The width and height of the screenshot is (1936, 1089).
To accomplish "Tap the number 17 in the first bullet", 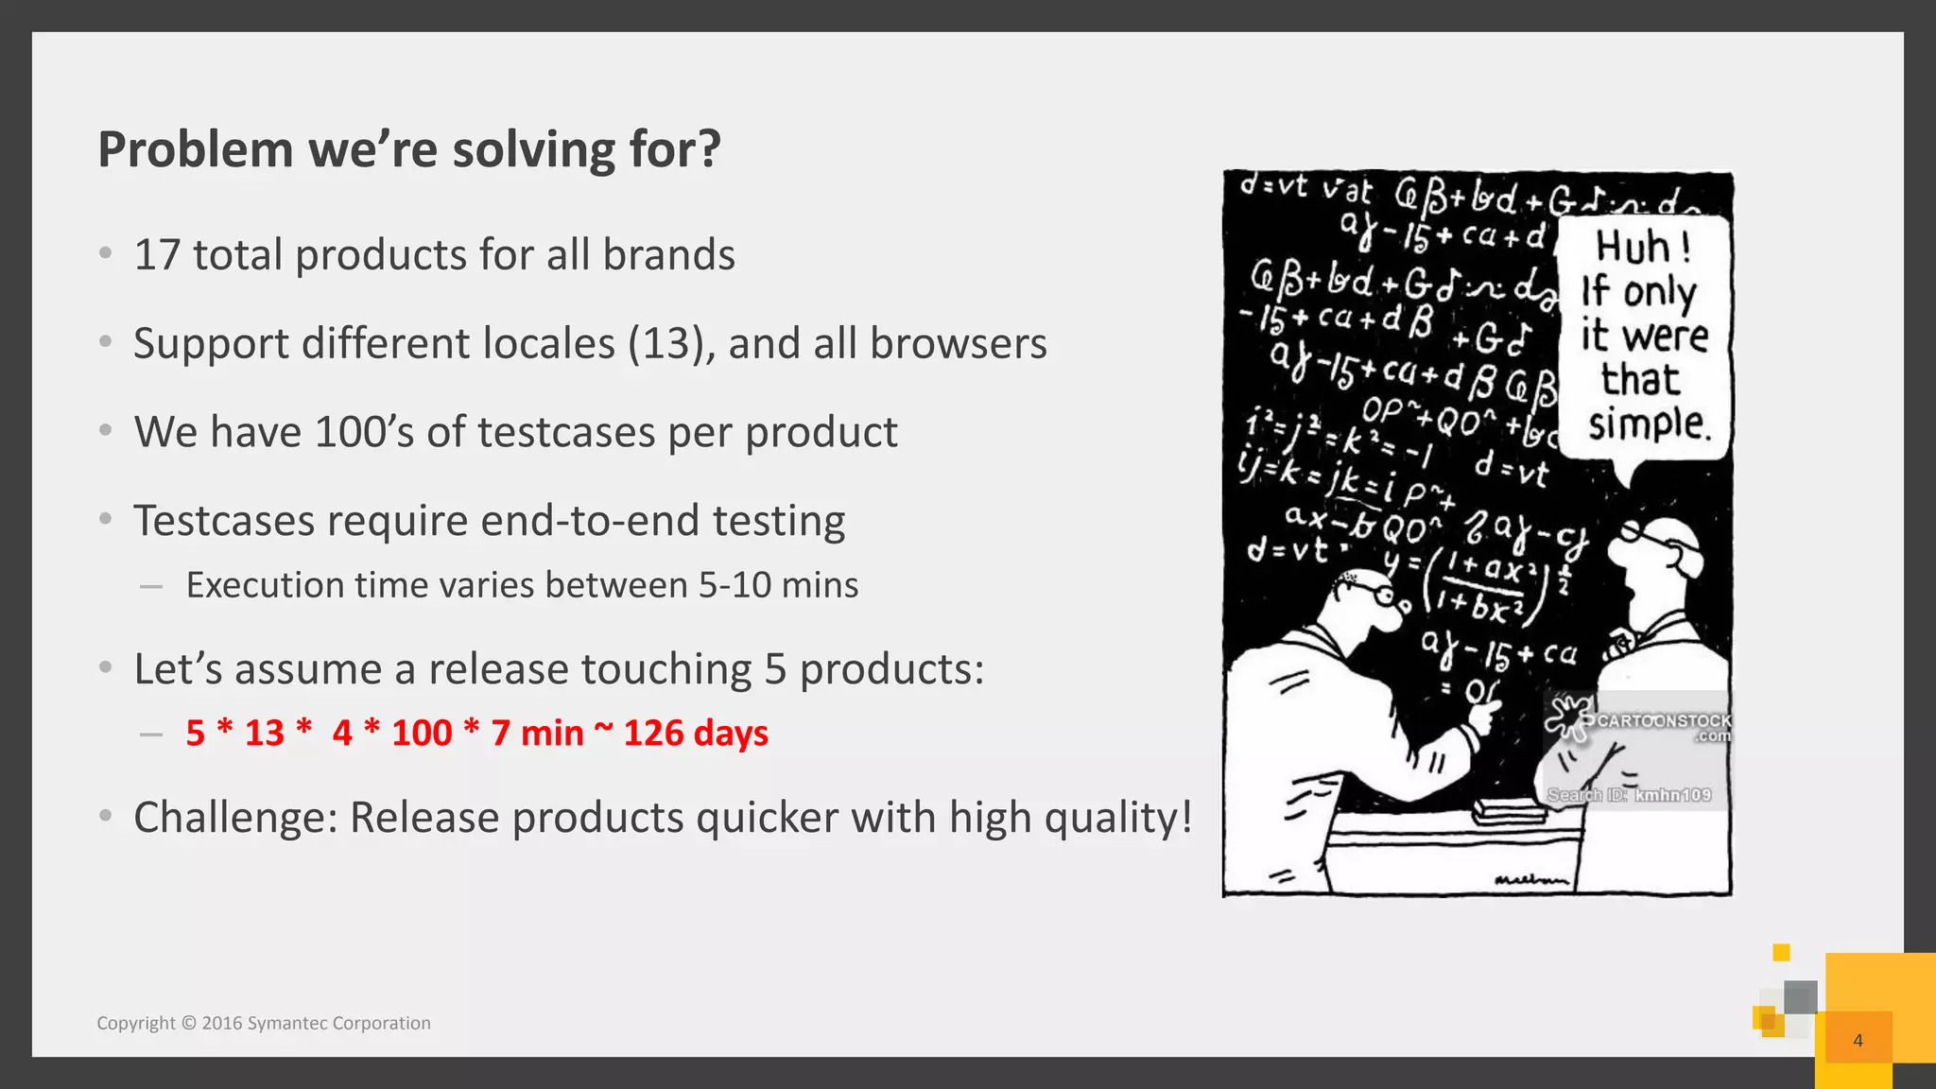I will tap(157, 255).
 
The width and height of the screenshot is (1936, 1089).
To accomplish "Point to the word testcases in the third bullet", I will tap(566, 432).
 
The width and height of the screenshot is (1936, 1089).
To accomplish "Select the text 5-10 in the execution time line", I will tap(735, 585).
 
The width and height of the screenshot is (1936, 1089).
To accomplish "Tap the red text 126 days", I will tap(696, 733).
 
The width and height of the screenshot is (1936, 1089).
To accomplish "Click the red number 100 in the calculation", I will tap(422, 733).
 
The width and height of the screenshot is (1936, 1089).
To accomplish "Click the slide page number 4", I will tap(1858, 1040).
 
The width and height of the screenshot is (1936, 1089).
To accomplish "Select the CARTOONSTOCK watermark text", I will tap(1664, 720).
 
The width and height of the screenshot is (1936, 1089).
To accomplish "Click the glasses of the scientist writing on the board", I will tap(1369, 592).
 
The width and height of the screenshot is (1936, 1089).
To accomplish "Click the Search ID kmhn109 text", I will tap(1629, 795).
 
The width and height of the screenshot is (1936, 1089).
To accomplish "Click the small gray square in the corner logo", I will tap(1800, 996).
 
